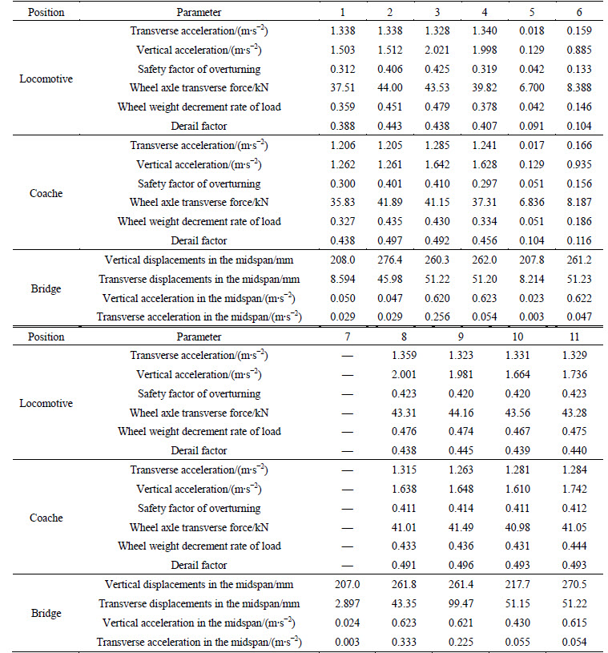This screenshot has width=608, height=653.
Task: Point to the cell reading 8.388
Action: tap(579, 87)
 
